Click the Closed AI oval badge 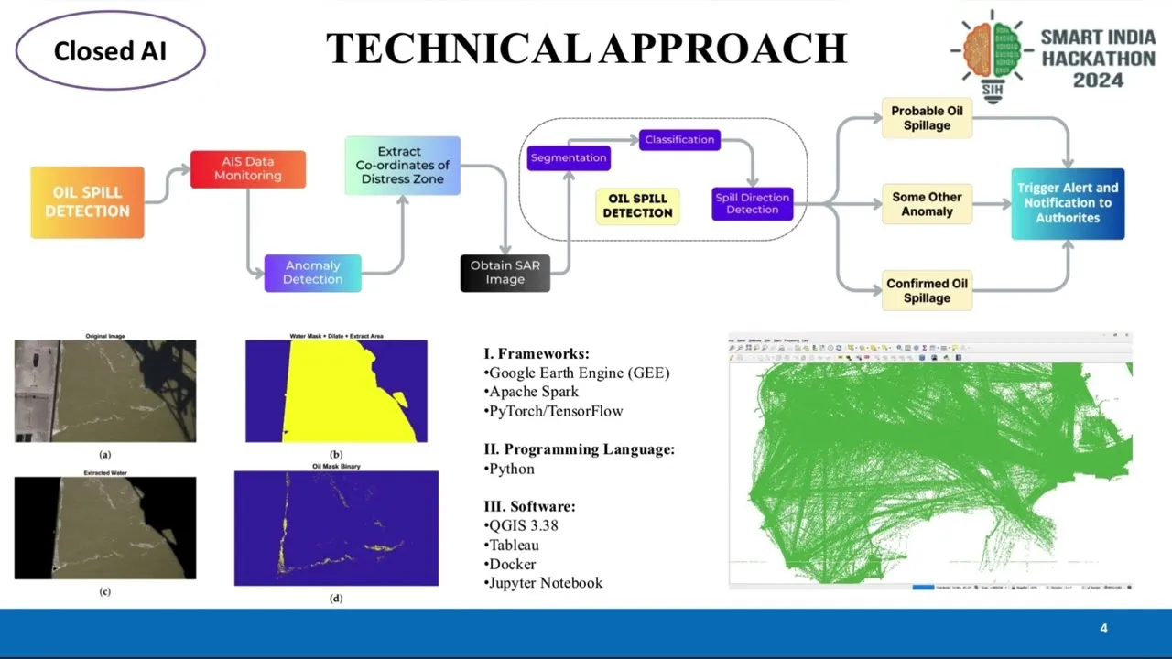(110, 50)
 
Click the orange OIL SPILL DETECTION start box (87, 202)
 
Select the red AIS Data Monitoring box (247, 169)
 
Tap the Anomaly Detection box (312, 273)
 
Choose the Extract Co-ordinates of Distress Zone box (402, 166)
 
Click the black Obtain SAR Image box (505, 273)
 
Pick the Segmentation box (569, 157)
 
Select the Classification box (679, 140)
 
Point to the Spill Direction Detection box (752, 203)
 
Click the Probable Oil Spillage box (927, 118)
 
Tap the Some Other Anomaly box (927, 204)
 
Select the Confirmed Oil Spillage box (927, 290)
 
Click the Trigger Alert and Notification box (1068, 203)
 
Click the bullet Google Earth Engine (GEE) (579, 373)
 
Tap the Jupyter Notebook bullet (545, 583)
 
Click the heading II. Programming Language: (579, 449)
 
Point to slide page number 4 (1103, 629)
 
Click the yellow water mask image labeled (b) (336, 392)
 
